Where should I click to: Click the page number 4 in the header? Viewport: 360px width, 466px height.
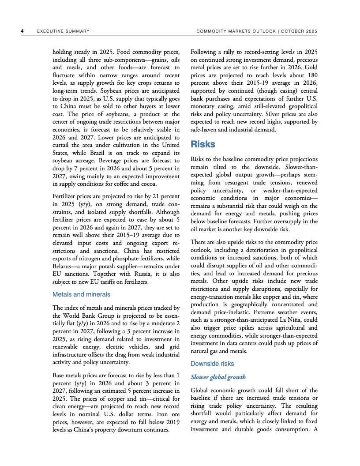coord(22,31)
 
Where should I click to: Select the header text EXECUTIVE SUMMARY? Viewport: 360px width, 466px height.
coord(63,31)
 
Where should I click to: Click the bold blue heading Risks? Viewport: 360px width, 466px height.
coord(203,144)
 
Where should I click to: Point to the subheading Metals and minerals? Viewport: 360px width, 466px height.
coord(81,294)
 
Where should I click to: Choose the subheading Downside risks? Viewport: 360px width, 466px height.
coord(212,364)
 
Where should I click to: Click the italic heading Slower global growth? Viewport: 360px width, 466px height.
coord(218,377)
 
